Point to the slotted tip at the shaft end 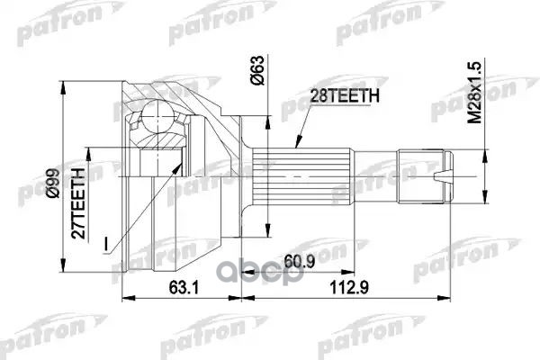451,179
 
